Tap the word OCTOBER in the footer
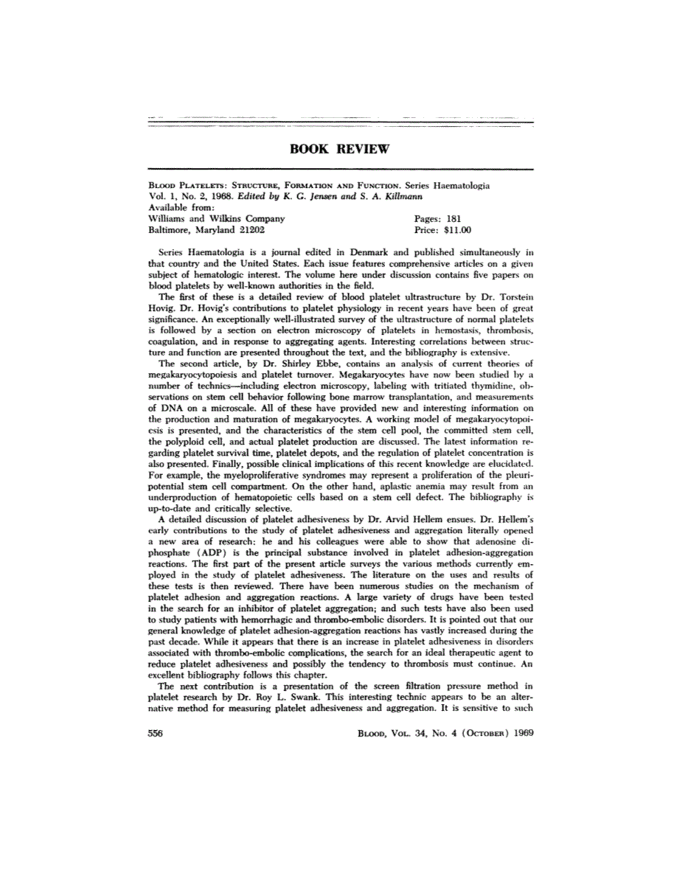[x=470, y=734]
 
